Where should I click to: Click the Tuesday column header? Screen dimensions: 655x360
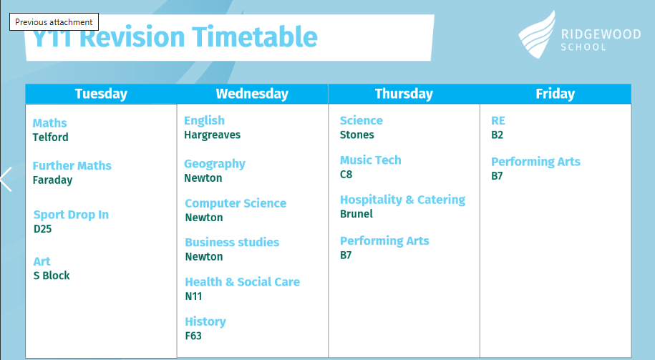point(101,94)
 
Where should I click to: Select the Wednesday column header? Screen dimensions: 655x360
point(252,94)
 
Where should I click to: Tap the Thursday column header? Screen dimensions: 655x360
point(404,94)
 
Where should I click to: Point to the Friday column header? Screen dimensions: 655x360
point(555,94)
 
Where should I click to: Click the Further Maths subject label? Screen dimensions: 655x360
point(72,165)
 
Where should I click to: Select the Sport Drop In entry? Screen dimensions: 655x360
point(71,215)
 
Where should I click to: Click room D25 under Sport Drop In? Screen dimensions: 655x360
point(43,229)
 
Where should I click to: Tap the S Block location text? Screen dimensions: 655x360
point(52,276)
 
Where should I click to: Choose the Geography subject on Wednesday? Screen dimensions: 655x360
point(215,164)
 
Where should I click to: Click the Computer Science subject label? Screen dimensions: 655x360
point(236,203)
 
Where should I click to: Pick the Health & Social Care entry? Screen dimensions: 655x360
point(242,282)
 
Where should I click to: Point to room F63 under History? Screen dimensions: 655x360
point(193,336)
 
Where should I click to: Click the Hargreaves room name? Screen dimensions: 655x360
point(212,135)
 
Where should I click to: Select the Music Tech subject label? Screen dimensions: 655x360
point(371,160)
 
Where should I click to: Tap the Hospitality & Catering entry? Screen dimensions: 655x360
point(403,200)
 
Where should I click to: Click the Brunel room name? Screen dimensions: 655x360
point(356,214)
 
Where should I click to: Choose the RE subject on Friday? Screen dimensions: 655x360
point(498,121)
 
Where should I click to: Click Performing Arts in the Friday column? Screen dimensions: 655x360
point(535,162)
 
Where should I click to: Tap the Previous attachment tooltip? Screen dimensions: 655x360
point(54,21)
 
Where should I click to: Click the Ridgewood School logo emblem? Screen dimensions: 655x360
point(538,34)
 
